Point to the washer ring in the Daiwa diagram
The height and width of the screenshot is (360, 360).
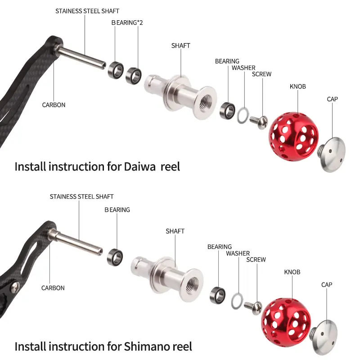pyautogui.click(x=242, y=115)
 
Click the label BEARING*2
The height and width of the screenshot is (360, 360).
pyautogui.click(x=127, y=22)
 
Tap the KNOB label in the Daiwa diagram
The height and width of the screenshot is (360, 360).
pyautogui.click(x=297, y=86)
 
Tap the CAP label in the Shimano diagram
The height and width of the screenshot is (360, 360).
pyautogui.click(x=327, y=285)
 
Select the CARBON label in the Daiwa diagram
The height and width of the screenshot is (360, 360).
pyautogui.click(x=54, y=105)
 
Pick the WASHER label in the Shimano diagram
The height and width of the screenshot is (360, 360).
pyautogui.click(x=238, y=253)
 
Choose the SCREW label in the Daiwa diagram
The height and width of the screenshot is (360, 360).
pyautogui.click(x=261, y=74)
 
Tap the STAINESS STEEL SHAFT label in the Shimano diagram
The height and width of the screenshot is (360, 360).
pyautogui.click(x=81, y=197)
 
